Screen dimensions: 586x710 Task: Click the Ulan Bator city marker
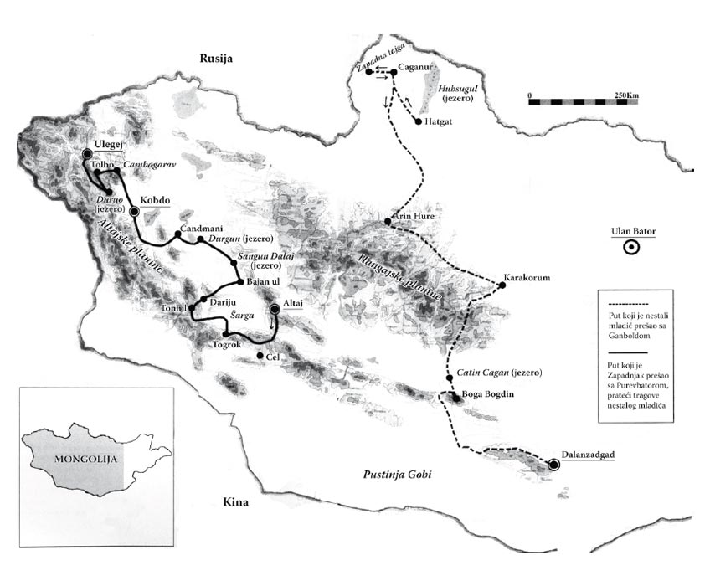632,247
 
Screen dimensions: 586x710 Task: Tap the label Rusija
214,58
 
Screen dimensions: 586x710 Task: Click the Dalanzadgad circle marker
553,465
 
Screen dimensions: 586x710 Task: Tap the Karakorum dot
502,285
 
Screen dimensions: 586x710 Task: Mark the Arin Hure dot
388,221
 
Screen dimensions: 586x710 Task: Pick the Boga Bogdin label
490,394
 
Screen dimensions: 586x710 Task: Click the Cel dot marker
260,357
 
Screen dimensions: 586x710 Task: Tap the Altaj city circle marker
275,311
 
